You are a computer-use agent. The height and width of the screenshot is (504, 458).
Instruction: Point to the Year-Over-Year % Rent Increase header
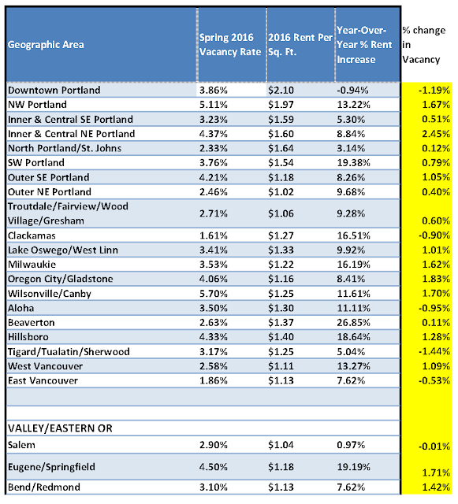point(362,44)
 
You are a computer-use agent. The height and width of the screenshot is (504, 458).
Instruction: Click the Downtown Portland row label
point(54,90)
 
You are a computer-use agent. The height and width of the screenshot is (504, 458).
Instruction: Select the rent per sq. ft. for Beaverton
point(280,322)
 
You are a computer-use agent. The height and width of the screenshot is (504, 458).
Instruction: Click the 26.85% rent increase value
point(353,322)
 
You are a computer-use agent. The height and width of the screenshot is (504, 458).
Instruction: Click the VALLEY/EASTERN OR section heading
point(59,428)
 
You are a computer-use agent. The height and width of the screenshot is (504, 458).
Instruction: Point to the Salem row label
point(21,446)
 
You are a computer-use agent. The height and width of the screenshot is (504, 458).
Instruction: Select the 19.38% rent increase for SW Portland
point(353,162)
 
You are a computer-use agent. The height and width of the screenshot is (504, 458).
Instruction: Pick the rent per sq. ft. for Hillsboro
point(280,337)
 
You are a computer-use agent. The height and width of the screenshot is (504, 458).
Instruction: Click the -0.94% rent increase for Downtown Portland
point(352,90)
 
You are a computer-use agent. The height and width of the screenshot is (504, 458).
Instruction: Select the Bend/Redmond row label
point(40,487)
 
